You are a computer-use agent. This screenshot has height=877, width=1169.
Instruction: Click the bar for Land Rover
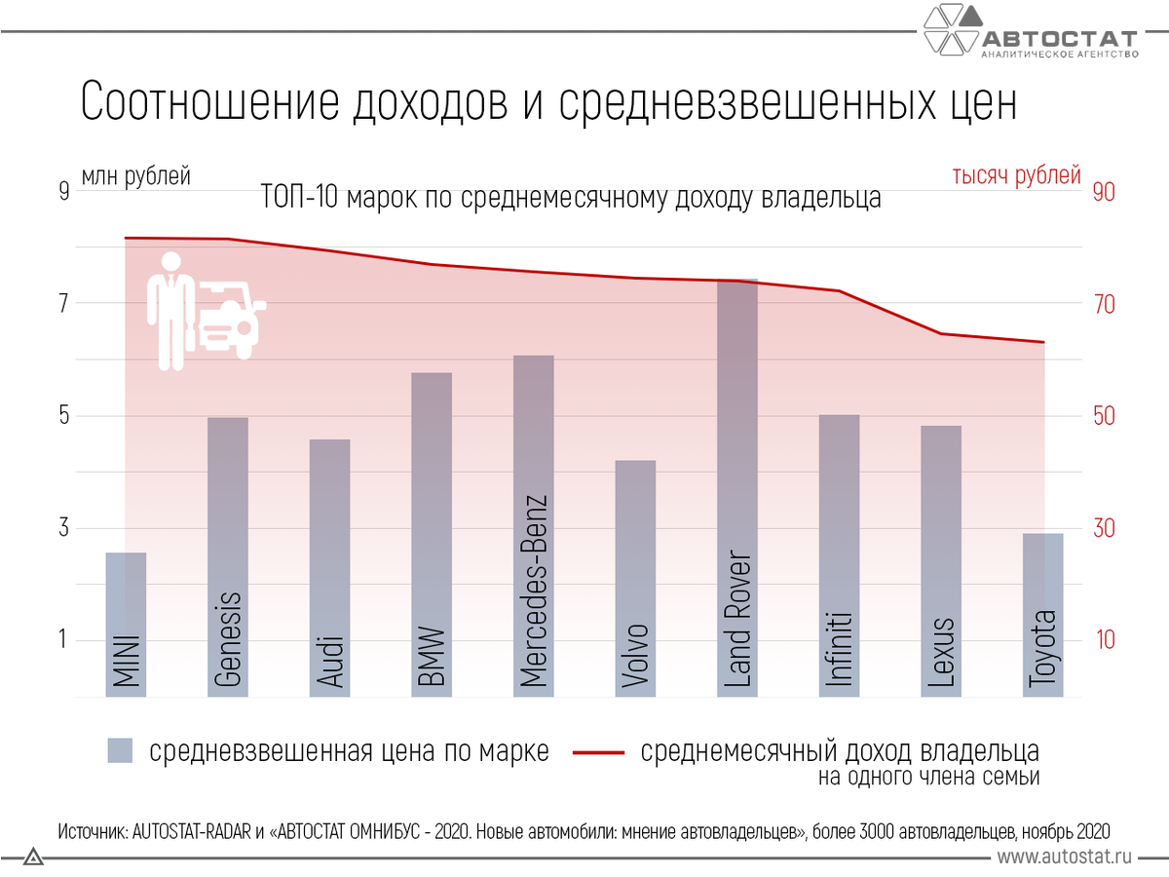(737, 487)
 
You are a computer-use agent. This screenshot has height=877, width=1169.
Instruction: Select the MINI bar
(126, 624)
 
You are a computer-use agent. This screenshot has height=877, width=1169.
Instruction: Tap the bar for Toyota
(1043, 614)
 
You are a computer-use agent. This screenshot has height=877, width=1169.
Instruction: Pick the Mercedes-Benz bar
(533, 526)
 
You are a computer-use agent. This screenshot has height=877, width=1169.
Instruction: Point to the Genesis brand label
(227, 638)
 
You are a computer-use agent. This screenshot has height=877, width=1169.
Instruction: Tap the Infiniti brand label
(840, 650)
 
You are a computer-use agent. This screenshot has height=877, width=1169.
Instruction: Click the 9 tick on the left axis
(64, 192)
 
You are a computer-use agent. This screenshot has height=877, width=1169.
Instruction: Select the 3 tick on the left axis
(64, 528)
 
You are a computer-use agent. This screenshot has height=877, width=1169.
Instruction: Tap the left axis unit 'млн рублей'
(135, 176)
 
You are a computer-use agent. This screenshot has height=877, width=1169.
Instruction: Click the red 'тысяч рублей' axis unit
(1016, 176)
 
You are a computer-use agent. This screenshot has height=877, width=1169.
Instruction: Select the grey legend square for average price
(120, 751)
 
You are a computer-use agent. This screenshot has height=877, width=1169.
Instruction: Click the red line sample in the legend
(598, 752)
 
